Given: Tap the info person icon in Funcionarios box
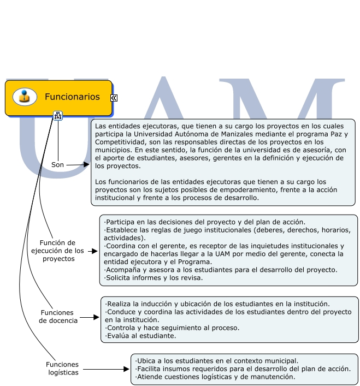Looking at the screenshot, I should (25, 97).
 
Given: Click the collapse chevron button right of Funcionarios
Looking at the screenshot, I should (114, 98).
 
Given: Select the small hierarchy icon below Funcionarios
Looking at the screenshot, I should (58, 115).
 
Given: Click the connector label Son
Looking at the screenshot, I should (58, 164).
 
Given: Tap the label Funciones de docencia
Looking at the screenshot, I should (58, 317).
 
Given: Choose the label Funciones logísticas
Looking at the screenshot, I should (62, 369).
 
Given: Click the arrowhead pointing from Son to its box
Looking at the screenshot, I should (86, 164).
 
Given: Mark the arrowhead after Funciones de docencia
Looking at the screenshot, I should (96, 316).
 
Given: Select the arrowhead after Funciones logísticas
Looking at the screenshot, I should (126, 370).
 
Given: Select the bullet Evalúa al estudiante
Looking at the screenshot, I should (141, 336).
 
